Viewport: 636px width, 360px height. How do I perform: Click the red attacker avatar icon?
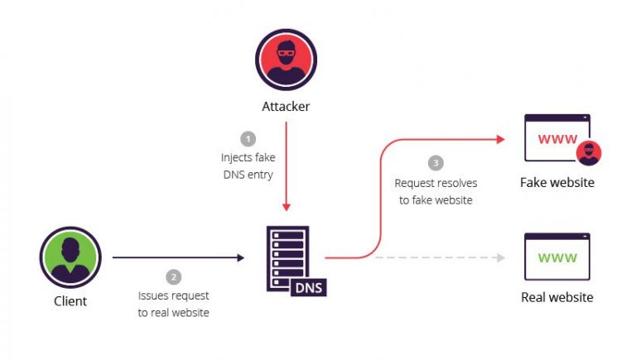point(286,60)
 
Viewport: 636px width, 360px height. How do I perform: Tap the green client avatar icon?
point(70,257)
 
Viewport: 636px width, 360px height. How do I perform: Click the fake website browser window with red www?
point(556,138)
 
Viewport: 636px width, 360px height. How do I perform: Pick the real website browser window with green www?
point(557,257)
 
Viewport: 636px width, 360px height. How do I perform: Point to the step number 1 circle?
point(248,138)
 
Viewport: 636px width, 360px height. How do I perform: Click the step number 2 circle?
point(174,276)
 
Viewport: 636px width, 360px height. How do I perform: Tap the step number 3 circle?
point(436,163)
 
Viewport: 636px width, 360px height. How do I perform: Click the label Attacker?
point(286,107)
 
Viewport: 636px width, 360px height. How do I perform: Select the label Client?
point(70,301)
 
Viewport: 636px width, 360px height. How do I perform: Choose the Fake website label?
point(557,182)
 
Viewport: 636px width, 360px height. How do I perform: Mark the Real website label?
point(557,297)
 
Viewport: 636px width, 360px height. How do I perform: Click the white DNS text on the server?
point(309,286)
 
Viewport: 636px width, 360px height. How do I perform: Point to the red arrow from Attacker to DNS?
point(286,166)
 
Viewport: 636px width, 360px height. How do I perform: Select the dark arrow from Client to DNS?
point(178,257)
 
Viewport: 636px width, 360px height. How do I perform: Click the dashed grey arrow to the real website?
point(439,257)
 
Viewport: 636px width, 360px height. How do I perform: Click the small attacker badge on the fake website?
point(588,153)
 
